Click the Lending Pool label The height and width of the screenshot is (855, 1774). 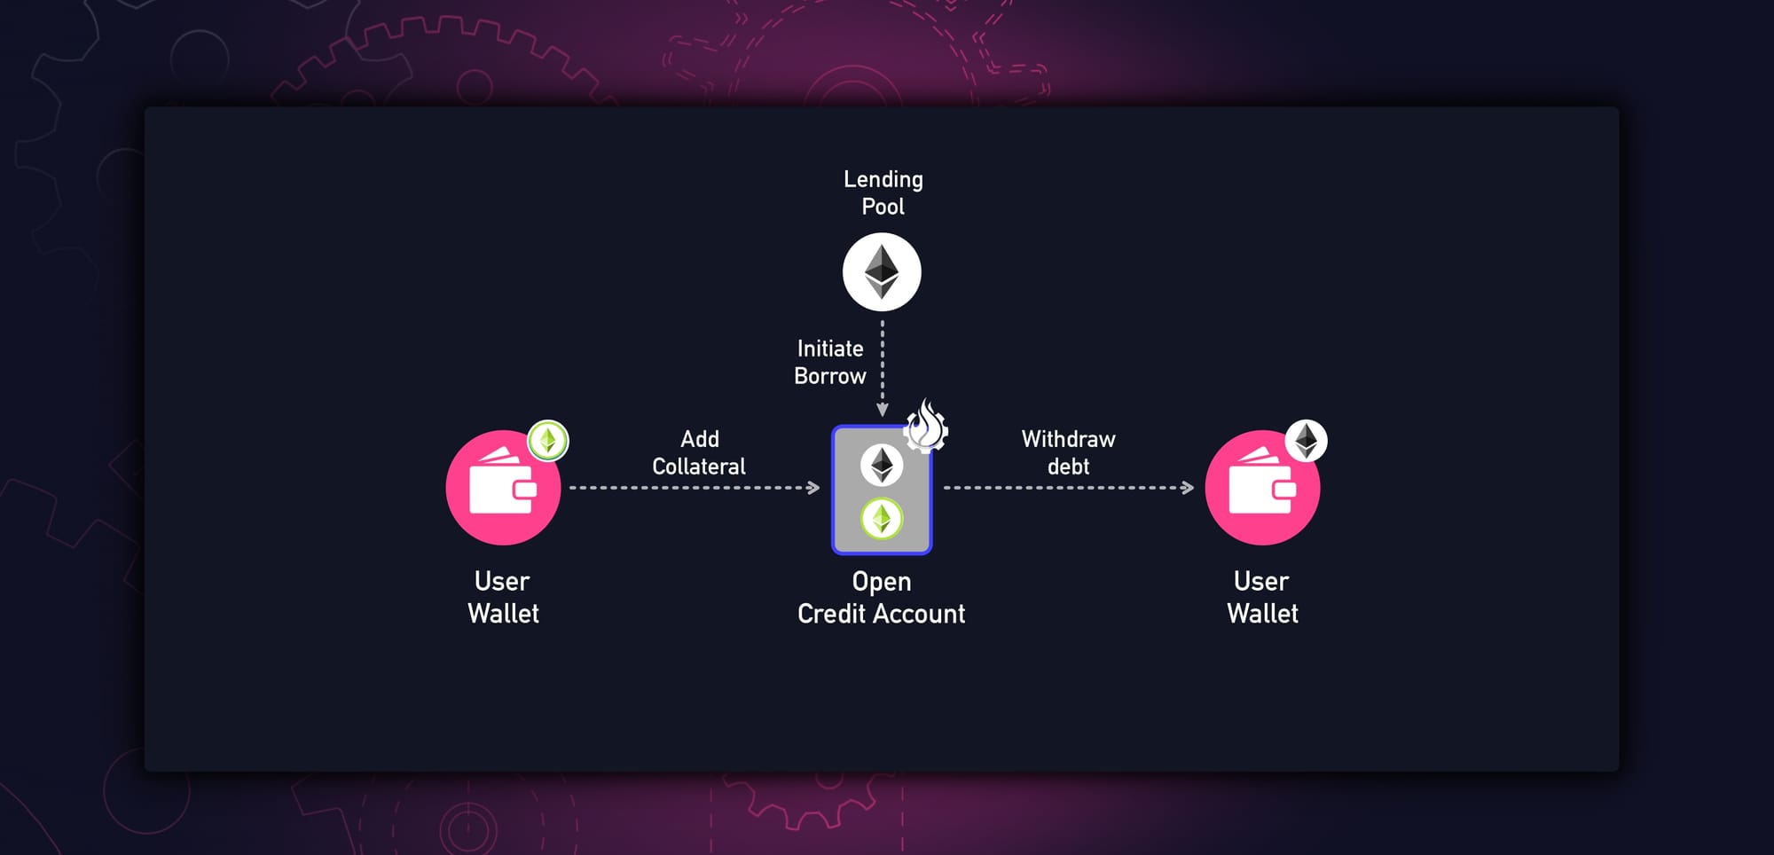(x=883, y=192)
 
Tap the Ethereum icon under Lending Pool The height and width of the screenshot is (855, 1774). (x=882, y=272)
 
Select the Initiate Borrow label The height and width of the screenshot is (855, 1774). (x=829, y=362)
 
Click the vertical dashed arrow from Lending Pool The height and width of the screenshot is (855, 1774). (x=883, y=368)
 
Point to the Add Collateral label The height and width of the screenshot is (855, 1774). (x=699, y=452)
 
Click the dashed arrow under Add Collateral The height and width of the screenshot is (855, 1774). (x=695, y=488)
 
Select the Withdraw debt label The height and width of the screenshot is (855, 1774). (x=1068, y=452)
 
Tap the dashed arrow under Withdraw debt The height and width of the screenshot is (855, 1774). (x=1069, y=488)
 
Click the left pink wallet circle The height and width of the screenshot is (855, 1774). (x=502, y=489)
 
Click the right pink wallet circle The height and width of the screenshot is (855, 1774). (x=1261, y=489)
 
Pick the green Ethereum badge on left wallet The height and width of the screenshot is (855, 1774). (x=548, y=440)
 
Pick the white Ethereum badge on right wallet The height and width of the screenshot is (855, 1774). (x=1307, y=440)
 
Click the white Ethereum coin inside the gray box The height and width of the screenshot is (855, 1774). (x=882, y=465)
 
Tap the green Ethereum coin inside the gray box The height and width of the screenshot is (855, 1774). (x=882, y=519)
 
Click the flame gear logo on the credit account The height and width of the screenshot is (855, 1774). (x=926, y=427)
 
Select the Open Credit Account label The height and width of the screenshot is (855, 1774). (x=881, y=597)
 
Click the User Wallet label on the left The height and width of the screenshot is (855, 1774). (x=503, y=597)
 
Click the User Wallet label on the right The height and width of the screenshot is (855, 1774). (x=1262, y=597)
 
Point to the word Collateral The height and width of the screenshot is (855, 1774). (x=699, y=467)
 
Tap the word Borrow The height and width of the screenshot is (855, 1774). (x=830, y=376)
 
